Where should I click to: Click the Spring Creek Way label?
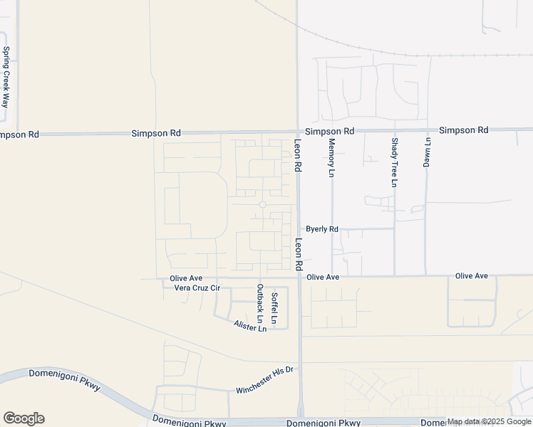click(x=6, y=78)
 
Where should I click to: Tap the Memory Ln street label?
click(x=331, y=158)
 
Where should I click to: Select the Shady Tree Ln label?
click(x=393, y=163)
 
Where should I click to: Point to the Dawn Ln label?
click(x=428, y=152)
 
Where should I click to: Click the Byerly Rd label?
click(x=322, y=229)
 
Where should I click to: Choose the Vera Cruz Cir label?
click(x=197, y=288)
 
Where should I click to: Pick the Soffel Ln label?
click(x=274, y=305)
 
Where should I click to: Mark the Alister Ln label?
click(x=249, y=325)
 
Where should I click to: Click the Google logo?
click(x=24, y=418)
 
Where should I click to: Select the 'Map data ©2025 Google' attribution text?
click(x=489, y=422)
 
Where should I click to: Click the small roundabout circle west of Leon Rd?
click(x=262, y=205)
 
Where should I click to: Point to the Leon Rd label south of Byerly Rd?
click(x=299, y=253)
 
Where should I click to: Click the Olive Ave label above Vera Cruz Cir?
click(x=186, y=278)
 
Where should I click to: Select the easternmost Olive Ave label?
click(x=472, y=275)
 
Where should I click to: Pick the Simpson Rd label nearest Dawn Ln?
click(x=463, y=130)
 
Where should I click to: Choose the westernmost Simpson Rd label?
click(x=19, y=135)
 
